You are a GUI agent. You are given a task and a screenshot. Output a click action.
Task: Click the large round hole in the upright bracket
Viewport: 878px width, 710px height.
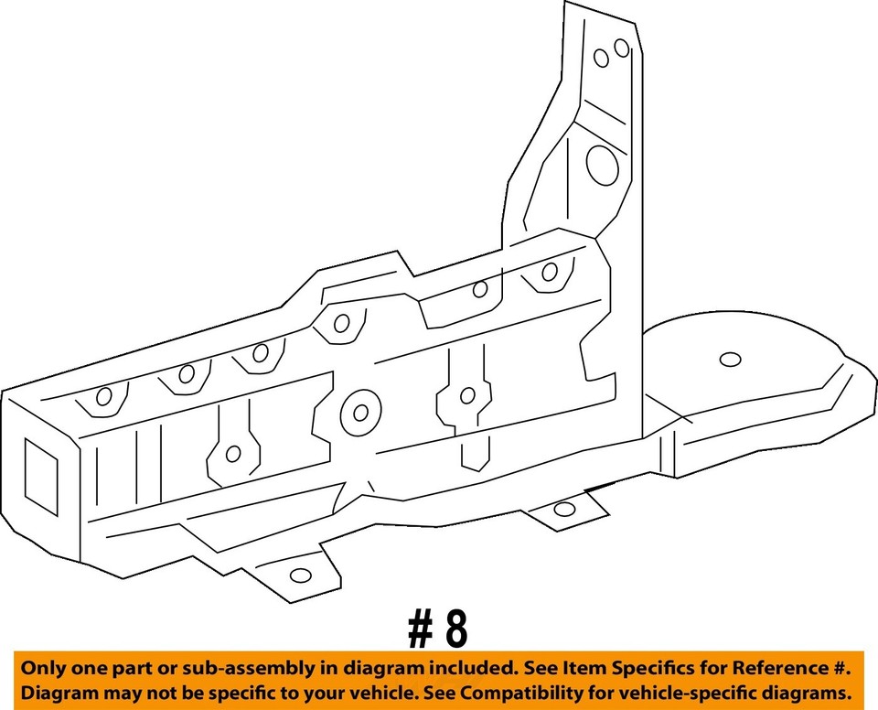point(603,166)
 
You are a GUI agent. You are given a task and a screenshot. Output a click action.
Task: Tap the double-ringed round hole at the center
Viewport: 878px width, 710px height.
point(359,413)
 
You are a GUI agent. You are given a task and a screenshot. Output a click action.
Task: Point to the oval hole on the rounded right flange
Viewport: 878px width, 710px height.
point(729,360)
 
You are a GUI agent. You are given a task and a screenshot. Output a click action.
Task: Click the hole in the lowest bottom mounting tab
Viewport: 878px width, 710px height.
point(300,576)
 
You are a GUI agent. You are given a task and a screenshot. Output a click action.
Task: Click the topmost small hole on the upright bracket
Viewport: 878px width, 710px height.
point(621,48)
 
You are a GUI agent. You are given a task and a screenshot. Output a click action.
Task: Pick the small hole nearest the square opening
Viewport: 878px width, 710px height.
point(103,396)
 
